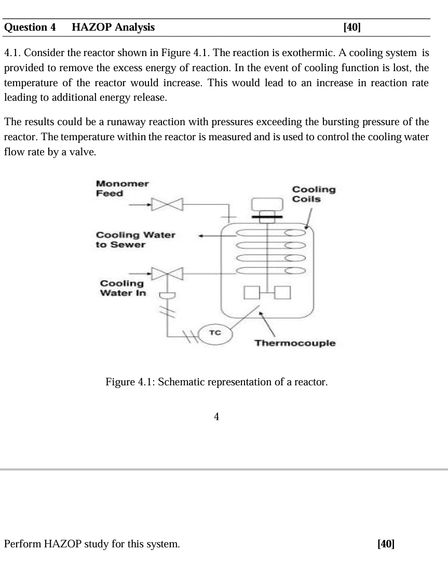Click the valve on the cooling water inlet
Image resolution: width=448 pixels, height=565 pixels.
(167, 273)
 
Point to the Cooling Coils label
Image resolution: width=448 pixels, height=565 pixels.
(314, 194)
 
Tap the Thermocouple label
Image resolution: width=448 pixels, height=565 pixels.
(295, 343)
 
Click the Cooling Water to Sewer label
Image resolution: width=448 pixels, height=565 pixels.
(135, 239)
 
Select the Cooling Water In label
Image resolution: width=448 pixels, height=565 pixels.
(123, 288)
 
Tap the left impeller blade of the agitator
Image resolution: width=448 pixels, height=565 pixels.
(252, 293)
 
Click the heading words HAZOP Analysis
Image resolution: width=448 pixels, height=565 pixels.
(113, 28)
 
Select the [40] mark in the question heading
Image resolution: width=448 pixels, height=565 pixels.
(352, 28)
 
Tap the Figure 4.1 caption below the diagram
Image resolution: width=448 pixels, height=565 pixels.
(216, 383)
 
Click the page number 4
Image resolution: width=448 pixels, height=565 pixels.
(216, 416)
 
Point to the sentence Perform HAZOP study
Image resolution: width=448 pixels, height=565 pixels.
(92, 544)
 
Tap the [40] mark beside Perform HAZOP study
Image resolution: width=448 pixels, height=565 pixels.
(386, 544)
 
